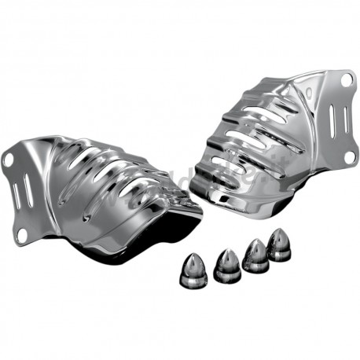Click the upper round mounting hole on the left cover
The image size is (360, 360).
[9, 160]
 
